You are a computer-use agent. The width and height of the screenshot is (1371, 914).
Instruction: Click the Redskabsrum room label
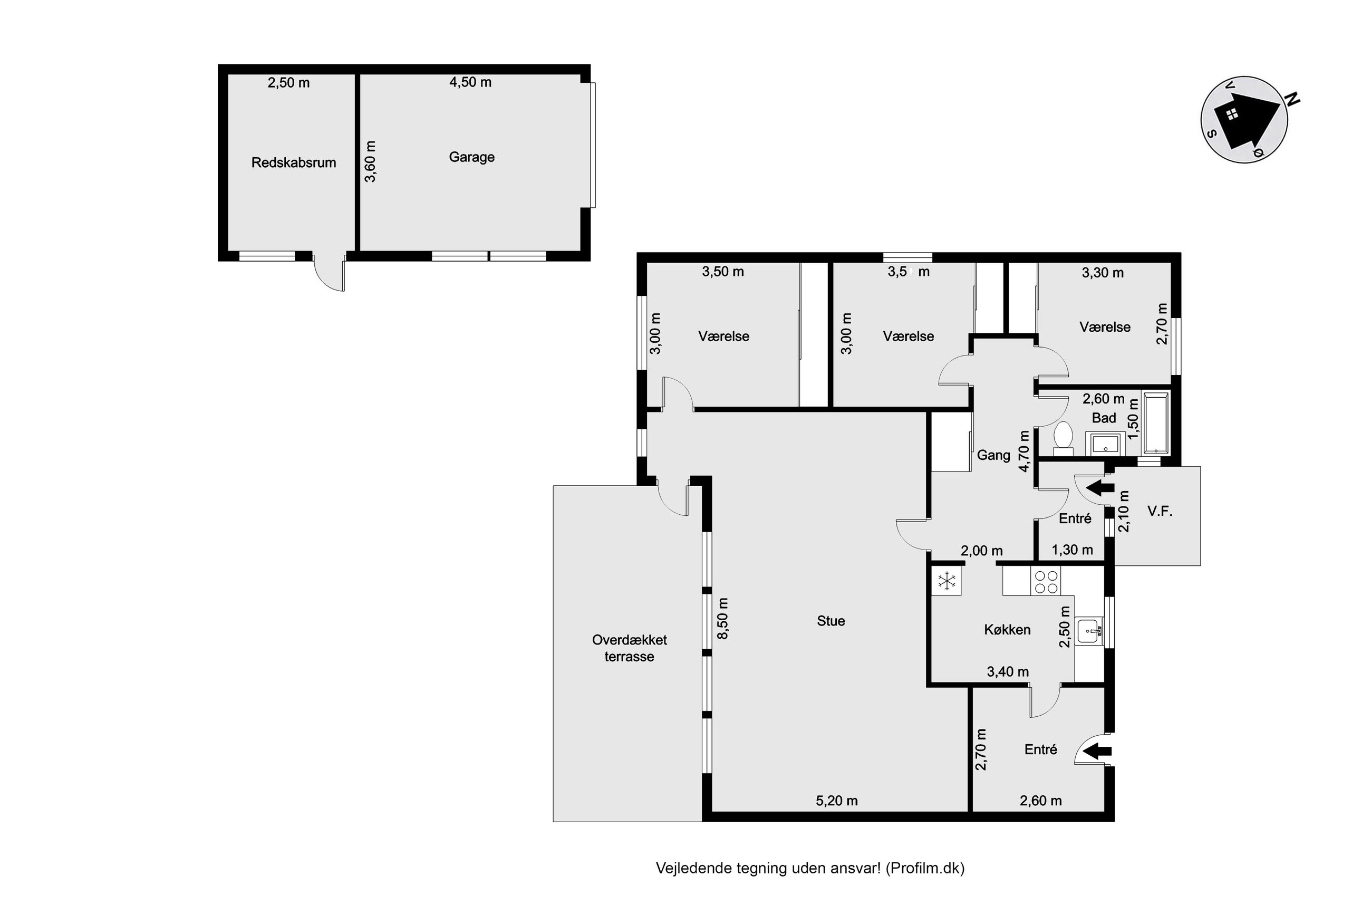[x=293, y=162]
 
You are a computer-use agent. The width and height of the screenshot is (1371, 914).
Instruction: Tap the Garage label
[x=471, y=157]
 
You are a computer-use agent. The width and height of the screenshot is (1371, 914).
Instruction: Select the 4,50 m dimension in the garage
[x=470, y=82]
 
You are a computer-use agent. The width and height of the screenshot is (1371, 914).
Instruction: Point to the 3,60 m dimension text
[x=370, y=161]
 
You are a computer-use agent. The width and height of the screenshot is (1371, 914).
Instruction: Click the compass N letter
[x=1293, y=99]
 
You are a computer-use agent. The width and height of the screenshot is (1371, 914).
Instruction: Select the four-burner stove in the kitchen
[x=1045, y=581]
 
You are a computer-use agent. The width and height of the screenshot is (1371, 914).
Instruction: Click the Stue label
[x=831, y=621]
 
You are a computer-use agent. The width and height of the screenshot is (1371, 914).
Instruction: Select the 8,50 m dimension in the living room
[x=722, y=619]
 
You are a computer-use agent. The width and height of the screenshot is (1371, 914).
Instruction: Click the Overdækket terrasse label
[x=629, y=648]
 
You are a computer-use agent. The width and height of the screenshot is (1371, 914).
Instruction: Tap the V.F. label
[x=1160, y=511]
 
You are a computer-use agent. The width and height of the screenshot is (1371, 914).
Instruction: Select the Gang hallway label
[x=993, y=455]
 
